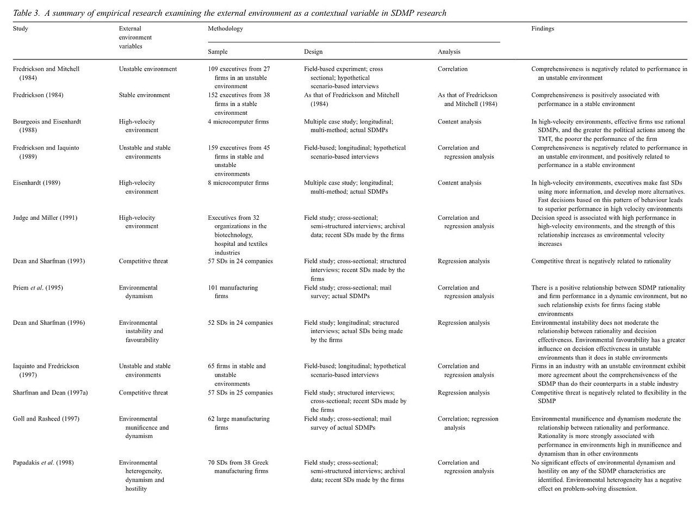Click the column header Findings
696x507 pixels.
coord(542,29)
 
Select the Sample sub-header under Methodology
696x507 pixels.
coord(217,52)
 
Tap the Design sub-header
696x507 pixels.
coord(313,52)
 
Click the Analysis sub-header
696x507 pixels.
coord(449,52)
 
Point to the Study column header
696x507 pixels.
coord(20,29)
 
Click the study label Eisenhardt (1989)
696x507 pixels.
coord(36,183)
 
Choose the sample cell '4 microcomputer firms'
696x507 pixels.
coord(238,122)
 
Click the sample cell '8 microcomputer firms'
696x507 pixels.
coord(238,183)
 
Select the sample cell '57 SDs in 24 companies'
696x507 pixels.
coord(240,261)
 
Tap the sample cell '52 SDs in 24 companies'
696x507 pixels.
coord(240,323)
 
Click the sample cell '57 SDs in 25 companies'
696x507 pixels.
coord(240,393)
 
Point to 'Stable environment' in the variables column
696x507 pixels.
coord(144,95)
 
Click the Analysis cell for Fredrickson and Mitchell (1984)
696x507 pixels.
coord(452,69)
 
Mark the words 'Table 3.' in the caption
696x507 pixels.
coord(26,13)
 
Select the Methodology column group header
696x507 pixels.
coord(225,29)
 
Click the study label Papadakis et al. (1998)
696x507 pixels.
coord(43,462)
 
